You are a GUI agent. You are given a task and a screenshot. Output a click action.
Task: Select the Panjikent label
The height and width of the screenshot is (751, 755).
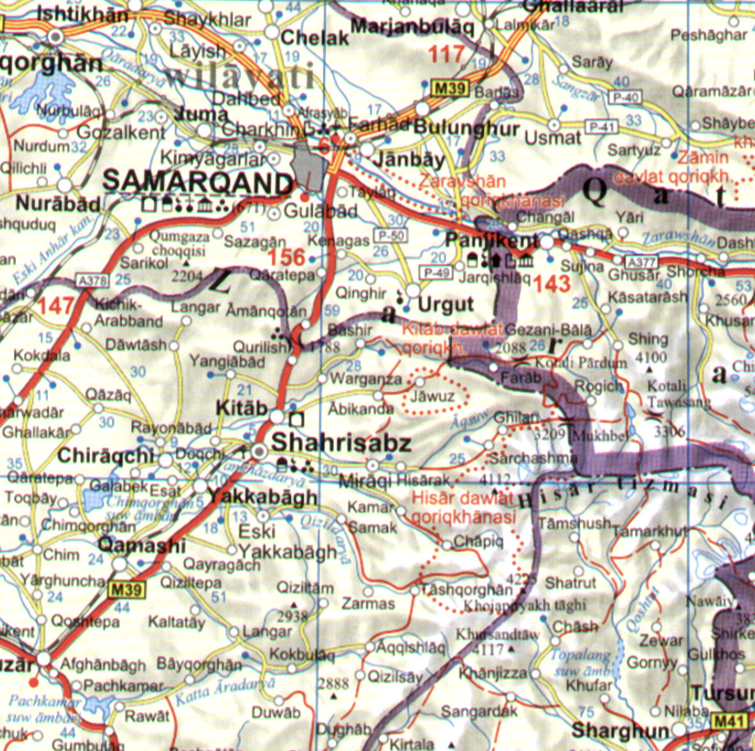[x=491, y=241]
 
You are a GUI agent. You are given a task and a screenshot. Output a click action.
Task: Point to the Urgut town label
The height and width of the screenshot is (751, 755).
[x=446, y=304]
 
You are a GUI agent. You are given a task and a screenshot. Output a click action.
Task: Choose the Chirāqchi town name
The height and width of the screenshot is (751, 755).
[x=105, y=456]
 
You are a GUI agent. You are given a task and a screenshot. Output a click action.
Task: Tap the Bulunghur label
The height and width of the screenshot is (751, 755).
[x=467, y=128]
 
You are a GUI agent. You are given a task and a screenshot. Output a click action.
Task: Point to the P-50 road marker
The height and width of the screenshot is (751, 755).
[x=391, y=235]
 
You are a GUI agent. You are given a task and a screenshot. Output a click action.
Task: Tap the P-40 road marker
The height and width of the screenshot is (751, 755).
[x=624, y=98]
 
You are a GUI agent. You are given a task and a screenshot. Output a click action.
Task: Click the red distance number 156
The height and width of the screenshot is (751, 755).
[x=287, y=258]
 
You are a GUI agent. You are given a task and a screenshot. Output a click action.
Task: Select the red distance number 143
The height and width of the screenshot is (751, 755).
[x=551, y=285]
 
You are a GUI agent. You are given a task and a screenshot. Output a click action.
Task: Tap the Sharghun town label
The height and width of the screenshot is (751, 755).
[x=620, y=731]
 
